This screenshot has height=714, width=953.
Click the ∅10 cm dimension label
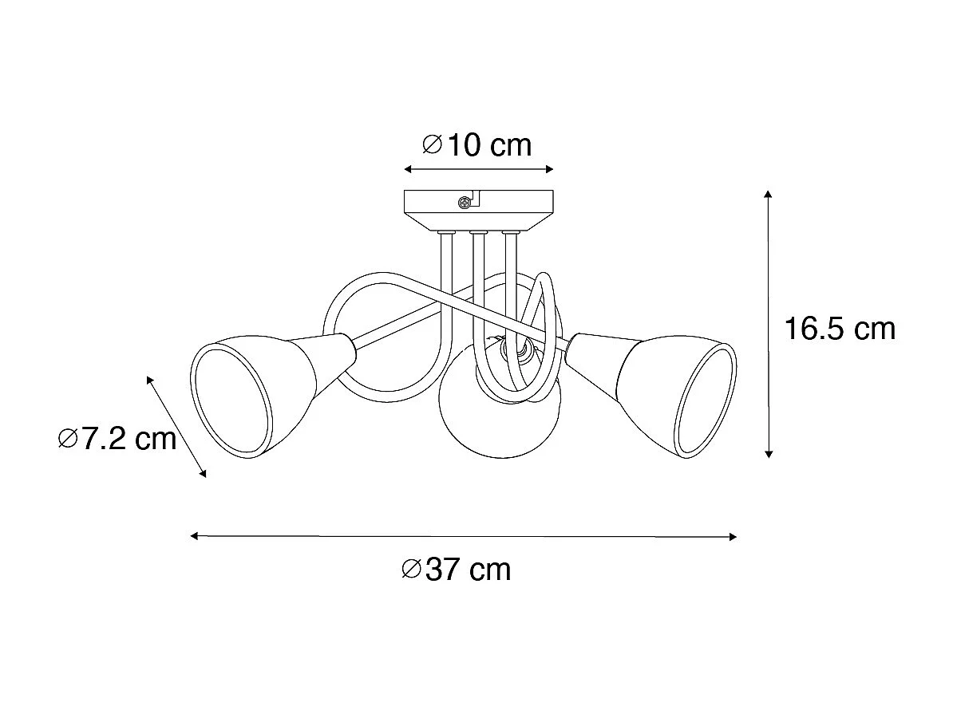tap(476, 145)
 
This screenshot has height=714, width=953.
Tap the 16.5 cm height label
tap(839, 329)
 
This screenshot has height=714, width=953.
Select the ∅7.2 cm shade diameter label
tap(117, 438)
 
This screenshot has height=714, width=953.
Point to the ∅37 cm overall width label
tap(457, 569)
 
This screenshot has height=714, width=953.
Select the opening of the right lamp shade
tap(707, 400)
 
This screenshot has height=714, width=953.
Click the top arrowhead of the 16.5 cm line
tap(768, 195)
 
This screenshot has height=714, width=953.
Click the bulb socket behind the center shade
tap(511, 348)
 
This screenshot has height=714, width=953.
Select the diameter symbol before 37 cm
tap(412, 569)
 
